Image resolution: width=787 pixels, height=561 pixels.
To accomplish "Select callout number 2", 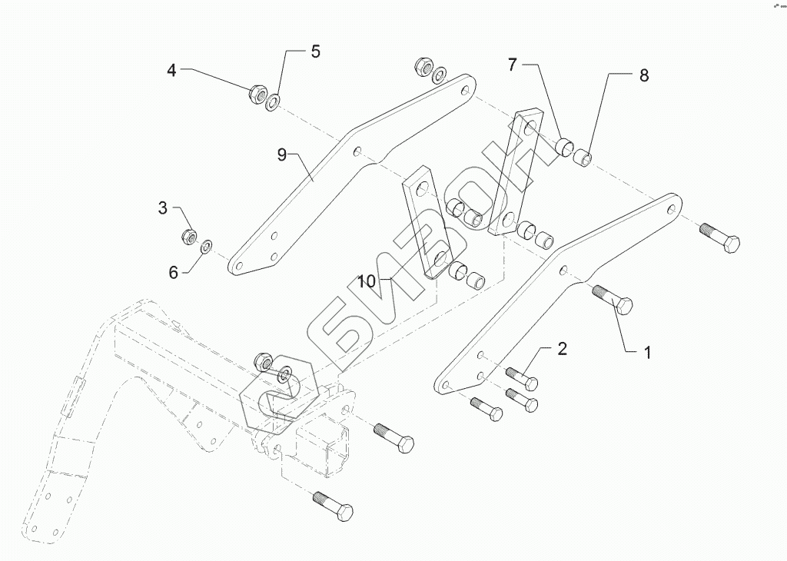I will pos(562,349).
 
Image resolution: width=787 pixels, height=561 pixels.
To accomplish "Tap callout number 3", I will pos(163,207).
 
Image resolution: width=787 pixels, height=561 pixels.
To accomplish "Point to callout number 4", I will pos(172,71).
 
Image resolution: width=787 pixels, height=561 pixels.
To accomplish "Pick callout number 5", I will pos(315,52).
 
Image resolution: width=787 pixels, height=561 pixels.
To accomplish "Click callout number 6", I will pos(174,272).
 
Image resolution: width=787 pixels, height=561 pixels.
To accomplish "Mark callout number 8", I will pos(643,75).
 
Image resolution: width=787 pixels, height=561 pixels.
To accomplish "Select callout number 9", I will pos(282,155).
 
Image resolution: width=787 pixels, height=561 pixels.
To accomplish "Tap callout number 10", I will pos(367,282).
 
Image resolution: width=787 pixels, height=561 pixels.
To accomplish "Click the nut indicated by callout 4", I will pos(257,95).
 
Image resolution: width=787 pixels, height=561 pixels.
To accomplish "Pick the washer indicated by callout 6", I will pos(206,247).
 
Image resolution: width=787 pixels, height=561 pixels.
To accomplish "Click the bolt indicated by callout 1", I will pos(613,299).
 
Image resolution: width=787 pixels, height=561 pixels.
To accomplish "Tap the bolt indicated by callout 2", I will pos(522,377).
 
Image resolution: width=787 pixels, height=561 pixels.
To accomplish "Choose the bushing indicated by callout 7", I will pos(566,146).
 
